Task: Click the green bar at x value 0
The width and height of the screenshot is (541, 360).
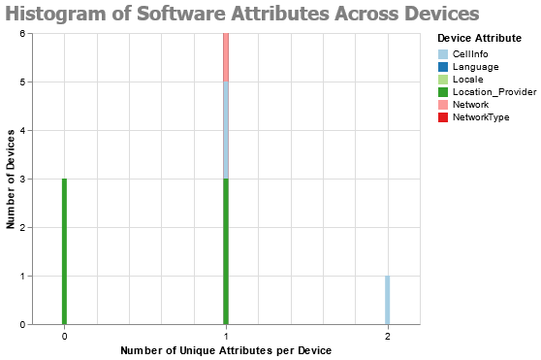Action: click(64, 251)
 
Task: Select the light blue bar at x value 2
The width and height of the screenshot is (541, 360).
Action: click(387, 300)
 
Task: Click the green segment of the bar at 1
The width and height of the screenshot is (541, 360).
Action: click(226, 251)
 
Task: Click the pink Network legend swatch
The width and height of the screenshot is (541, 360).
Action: click(443, 105)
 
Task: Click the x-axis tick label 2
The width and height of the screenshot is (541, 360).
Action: click(387, 336)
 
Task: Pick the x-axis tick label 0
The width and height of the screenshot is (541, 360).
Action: click(64, 336)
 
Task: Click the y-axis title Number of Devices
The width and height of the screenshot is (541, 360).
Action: click(11, 179)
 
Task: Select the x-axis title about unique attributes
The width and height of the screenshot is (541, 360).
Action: click(226, 349)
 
